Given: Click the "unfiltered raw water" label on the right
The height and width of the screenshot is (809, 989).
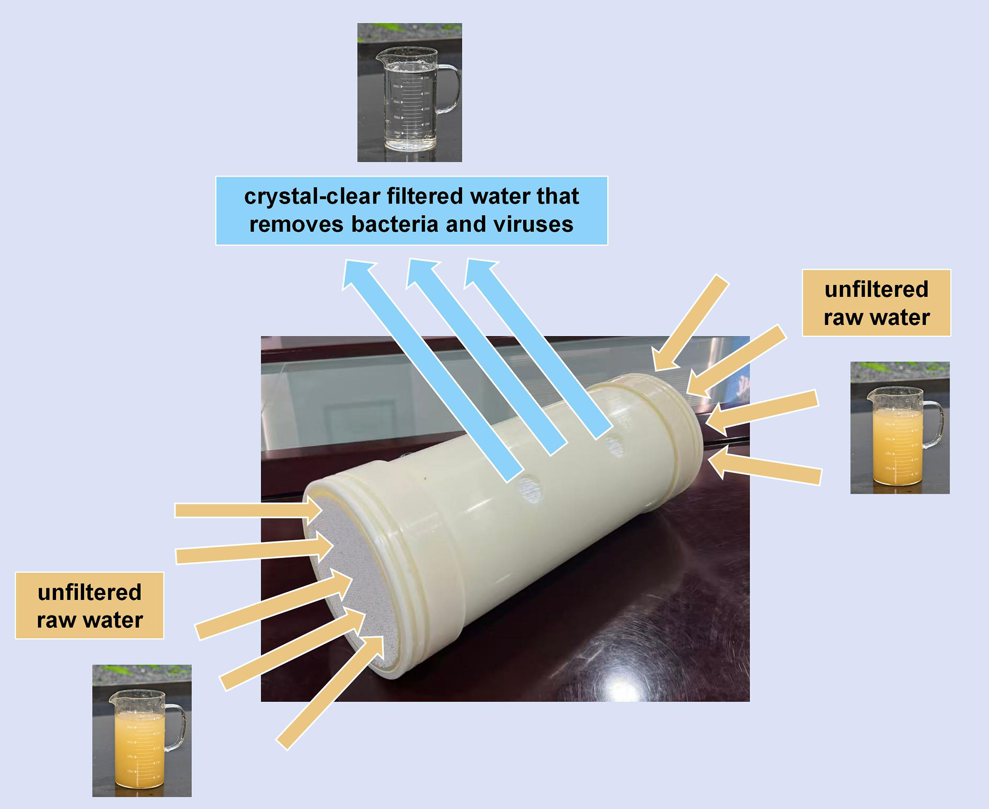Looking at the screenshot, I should pos(876,303).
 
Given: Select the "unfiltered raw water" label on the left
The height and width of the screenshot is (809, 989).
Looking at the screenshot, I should pos(90,606).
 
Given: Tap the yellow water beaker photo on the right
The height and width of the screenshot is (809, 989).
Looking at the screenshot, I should pos(899,428).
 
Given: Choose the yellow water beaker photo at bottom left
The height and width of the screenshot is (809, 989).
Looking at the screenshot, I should pos(142,730).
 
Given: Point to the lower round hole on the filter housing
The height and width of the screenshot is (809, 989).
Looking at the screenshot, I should pos(529,489).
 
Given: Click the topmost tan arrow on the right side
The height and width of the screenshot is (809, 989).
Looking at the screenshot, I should pos(692,321).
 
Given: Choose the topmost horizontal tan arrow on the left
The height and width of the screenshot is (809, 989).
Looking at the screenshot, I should pos(247,510).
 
